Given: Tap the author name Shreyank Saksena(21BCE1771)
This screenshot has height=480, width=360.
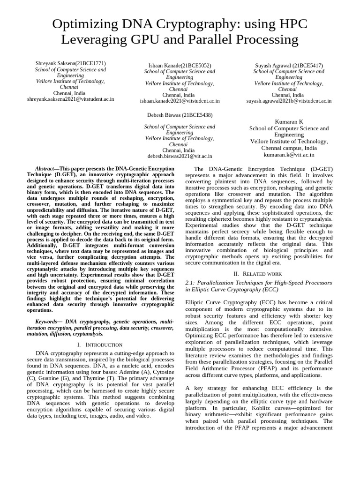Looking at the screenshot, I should [x=70, y=63].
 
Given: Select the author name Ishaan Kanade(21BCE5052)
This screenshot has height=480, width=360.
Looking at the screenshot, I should [x=180, y=66].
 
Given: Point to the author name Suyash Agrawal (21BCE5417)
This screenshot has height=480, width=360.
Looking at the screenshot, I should [x=289, y=66].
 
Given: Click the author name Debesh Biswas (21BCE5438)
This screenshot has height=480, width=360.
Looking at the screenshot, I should [x=180, y=115].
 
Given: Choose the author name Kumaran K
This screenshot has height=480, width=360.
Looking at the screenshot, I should [x=289, y=121].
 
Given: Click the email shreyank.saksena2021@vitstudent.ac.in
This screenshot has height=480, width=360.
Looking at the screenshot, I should [x=70, y=99].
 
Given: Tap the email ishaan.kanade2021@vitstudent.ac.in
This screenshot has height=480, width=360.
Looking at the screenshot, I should [x=180, y=101].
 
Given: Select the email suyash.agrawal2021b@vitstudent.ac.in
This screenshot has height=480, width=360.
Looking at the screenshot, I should [x=289, y=101].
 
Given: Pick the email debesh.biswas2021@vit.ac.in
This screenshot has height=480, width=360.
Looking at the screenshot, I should [x=180, y=156].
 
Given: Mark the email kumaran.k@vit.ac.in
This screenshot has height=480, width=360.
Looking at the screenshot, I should [x=289, y=154].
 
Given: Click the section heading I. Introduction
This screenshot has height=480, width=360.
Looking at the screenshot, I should [x=100, y=345].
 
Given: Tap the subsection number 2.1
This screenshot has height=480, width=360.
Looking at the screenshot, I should [x=191, y=283].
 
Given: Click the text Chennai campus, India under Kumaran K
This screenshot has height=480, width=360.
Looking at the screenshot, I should [x=289, y=148].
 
